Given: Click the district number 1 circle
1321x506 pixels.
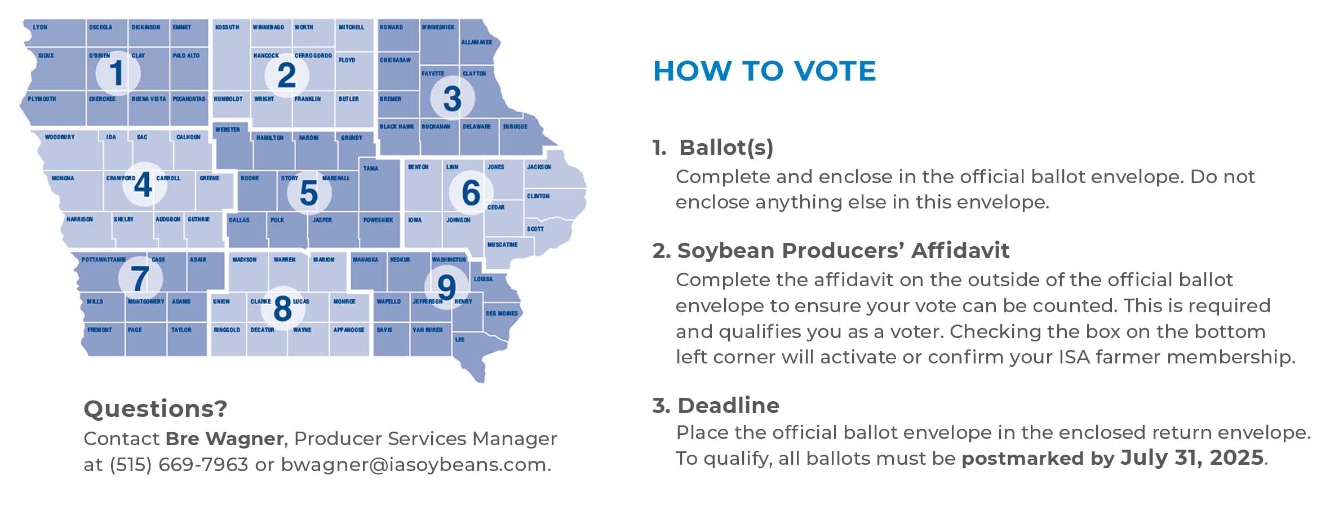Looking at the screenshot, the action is pos(117,73).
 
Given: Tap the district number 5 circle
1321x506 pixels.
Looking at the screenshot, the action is pos(309,193).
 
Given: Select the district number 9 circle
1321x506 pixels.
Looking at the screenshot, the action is pos(446,287).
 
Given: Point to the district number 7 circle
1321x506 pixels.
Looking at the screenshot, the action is pos(140,278).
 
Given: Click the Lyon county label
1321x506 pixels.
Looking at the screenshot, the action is pos(40,27).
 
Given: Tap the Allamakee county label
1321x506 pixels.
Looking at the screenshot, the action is pos(477,42).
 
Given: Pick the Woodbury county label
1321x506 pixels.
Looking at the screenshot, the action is pos(60,137).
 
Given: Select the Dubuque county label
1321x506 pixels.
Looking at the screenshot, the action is pos(515,127).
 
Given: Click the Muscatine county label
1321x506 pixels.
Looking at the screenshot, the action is pos(502,245).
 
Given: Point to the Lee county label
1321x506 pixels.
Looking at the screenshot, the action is pos(460,339).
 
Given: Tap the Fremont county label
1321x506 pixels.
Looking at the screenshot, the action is pos(100,330).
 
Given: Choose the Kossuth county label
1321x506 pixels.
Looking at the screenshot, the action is pos(227,27).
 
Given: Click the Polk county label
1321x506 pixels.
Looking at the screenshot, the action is pos(277,220).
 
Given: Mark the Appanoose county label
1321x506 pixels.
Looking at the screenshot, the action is pos(349,330).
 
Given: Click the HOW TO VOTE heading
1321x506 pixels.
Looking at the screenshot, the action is pos(764,71).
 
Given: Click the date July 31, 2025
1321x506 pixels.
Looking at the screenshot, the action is pos(1192,458).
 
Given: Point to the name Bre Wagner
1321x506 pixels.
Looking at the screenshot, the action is pos(224,438).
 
